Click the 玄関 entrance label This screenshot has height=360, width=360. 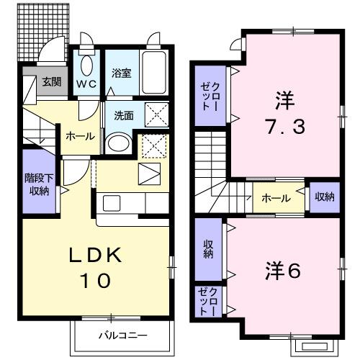click(50, 81)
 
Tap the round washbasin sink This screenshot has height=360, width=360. click(116, 141)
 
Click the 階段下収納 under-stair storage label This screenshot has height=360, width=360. click(37, 185)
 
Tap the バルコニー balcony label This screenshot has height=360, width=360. click(123, 336)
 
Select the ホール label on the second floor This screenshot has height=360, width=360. click(276, 198)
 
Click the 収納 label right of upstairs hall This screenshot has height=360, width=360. click(323, 197)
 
